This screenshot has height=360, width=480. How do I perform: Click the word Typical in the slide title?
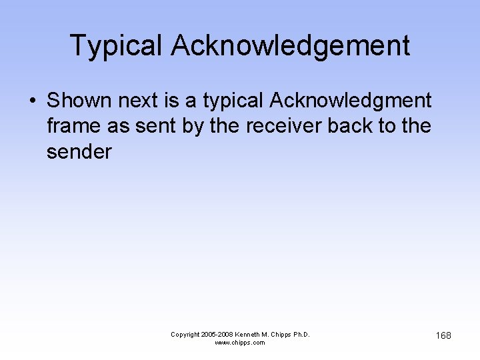(115, 46)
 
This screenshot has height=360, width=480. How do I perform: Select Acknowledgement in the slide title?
(290, 46)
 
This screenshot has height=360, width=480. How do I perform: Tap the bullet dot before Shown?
(32, 101)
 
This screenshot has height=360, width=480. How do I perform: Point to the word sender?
(79, 151)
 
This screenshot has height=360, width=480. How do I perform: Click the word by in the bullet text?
(193, 127)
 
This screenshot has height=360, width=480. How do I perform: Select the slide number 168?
(443, 335)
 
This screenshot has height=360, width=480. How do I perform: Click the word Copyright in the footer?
(186, 334)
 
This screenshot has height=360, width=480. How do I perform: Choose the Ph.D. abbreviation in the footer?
(301, 334)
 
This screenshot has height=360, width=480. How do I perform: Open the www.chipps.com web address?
(240, 343)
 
